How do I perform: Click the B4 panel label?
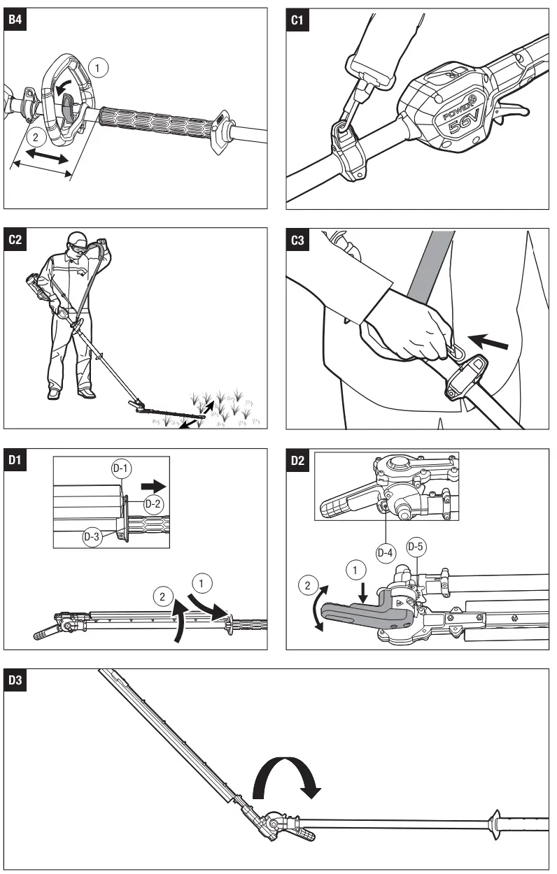click(14, 20)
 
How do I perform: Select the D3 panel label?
click(14, 680)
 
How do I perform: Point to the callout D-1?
click(122, 469)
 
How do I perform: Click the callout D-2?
click(154, 503)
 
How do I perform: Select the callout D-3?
click(92, 537)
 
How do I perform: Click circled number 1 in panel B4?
click(99, 67)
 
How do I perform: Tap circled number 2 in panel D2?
click(307, 583)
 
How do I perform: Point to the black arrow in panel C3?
click(487, 342)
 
